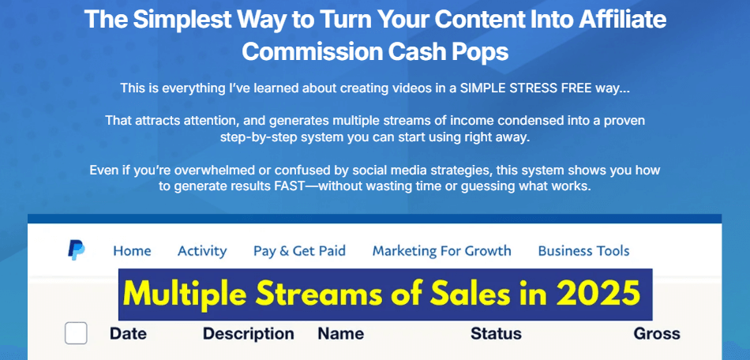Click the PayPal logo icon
pos(77,250)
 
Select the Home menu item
pos(132,251)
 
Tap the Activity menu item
pos(202,251)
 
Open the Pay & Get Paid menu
pos(299,251)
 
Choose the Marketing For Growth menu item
pos(441,251)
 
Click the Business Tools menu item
pos(583,251)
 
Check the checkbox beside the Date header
pos(76,333)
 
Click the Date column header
pos(128,333)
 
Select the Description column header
pos(248,333)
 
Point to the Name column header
pos(340,333)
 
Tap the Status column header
pos(496,333)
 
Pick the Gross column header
pos(656,333)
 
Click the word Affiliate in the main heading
pos(620,19)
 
